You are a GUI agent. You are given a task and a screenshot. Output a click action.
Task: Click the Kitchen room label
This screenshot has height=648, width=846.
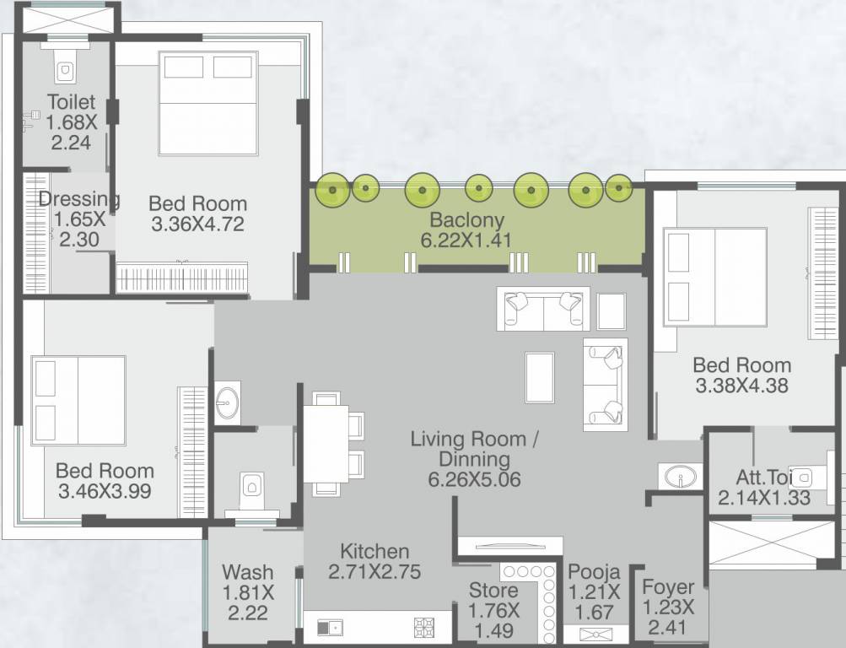pyautogui.click(x=375, y=552)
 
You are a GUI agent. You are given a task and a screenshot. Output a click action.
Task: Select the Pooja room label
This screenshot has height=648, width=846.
pyautogui.click(x=594, y=571)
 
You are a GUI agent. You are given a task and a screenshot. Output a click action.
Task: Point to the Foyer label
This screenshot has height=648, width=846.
pyautogui.click(x=668, y=587)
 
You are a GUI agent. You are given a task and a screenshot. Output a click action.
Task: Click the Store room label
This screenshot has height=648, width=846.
pyautogui.click(x=493, y=591)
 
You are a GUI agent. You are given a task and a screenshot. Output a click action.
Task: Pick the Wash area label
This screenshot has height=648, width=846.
pyautogui.click(x=248, y=572)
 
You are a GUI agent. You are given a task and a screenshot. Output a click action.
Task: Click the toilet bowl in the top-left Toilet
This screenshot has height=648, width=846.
pyautogui.click(x=65, y=70)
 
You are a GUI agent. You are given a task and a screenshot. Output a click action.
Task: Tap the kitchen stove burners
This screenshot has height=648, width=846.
pyautogui.click(x=423, y=627)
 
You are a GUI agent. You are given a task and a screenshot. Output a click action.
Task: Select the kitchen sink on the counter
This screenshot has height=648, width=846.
pyautogui.click(x=329, y=628)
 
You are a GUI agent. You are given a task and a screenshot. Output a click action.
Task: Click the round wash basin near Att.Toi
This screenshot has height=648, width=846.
pyautogui.click(x=680, y=477)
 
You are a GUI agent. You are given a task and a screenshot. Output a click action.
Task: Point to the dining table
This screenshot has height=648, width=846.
pyautogui.click(x=326, y=444)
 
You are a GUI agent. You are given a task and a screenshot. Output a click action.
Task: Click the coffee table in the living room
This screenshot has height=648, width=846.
pyautogui.click(x=540, y=377)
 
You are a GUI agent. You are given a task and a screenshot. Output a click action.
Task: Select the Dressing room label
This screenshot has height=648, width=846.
pyautogui.click(x=78, y=198)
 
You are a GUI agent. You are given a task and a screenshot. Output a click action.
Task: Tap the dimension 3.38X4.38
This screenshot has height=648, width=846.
pyautogui.click(x=741, y=386)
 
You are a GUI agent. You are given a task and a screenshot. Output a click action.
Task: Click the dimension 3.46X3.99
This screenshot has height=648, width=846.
pyautogui.click(x=104, y=492)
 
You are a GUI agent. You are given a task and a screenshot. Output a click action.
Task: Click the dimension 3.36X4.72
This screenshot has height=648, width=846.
pyautogui.click(x=197, y=224)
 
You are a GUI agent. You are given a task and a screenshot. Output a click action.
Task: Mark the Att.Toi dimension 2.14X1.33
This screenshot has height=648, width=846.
pyautogui.click(x=764, y=498)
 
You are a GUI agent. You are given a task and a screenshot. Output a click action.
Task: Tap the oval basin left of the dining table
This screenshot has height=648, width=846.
pyautogui.click(x=227, y=402)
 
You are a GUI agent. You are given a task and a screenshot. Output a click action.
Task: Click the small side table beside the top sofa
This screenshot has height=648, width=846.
pyautogui.click(x=612, y=311)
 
